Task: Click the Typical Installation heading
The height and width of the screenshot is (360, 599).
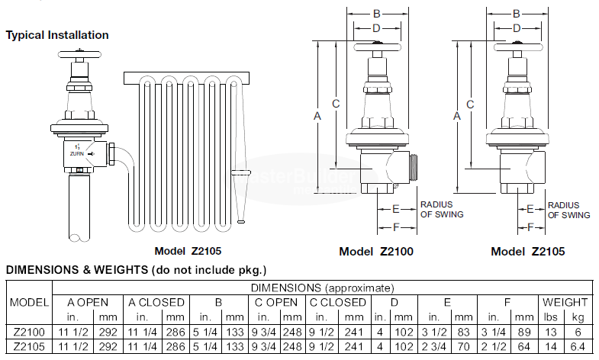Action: point(57,35)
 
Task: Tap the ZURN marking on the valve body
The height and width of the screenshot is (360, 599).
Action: point(77,154)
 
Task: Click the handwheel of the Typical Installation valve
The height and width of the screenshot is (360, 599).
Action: point(79,54)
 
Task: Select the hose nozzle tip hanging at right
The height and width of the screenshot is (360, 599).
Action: point(240,221)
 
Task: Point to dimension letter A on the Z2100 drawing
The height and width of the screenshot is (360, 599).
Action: point(317,116)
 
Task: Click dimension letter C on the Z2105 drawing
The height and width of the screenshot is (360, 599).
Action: point(470,104)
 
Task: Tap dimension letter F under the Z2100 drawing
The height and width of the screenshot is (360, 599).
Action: point(396,227)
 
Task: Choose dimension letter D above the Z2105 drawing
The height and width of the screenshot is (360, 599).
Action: point(517,28)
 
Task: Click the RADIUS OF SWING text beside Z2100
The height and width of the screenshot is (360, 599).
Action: point(442,210)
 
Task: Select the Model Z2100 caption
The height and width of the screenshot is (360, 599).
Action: point(376,252)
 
